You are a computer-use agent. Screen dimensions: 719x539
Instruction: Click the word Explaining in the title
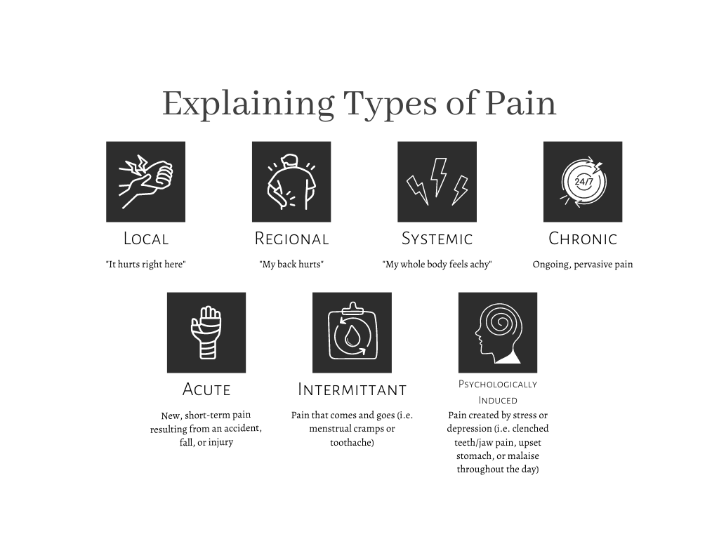[x=248, y=105]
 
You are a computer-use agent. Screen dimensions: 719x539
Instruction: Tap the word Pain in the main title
[x=521, y=103]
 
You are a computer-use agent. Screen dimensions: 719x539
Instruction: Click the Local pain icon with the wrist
[x=146, y=182]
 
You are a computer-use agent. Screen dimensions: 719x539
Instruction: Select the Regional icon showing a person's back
[x=291, y=182]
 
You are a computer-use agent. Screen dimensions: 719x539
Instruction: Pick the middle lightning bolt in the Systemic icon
[x=439, y=176]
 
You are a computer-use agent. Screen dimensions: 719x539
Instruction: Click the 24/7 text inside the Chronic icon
[x=583, y=182]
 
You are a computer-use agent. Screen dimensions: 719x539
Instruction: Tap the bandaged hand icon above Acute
[x=206, y=332]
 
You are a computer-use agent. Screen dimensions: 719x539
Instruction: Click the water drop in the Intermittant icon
[x=352, y=336]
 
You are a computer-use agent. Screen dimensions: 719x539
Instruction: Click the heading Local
[x=146, y=239]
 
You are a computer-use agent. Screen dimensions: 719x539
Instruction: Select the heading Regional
[x=291, y=239]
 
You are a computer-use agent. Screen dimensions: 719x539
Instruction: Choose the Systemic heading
[x=437, y=239]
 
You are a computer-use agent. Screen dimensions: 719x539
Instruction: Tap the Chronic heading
[x=583, y=239]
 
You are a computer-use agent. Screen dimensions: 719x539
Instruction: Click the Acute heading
[x=206, y=390]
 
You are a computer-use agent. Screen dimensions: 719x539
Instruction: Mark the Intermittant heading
[x=352, y=390]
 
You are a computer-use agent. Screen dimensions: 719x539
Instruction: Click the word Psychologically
[x=498, y=384]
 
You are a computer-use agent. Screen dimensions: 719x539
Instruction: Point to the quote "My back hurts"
[x=291, y=265]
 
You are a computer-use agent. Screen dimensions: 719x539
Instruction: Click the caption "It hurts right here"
[x=146, y=265]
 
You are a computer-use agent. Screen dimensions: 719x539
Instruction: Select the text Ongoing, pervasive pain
[x=583, y=265]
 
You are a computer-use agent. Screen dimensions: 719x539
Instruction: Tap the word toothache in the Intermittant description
[x=352, y=442]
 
